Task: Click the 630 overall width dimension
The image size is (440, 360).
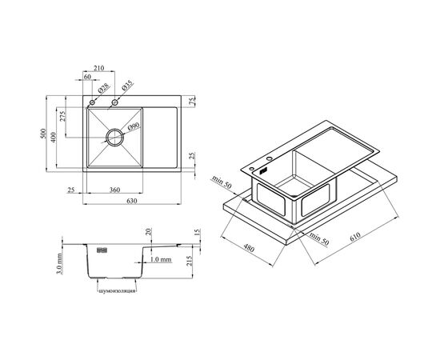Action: tap(132, 201)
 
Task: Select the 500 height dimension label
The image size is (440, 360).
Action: tap(42, 134)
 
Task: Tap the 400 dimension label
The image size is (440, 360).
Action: tap(54, 137)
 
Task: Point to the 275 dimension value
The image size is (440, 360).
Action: tap(62, 116)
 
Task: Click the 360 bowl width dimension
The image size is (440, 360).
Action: tap(114, 190)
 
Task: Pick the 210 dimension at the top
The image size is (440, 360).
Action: tap(98, 68)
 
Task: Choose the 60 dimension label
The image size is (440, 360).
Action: tap(87, 77)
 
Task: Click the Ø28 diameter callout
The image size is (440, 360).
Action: tap(103, 88)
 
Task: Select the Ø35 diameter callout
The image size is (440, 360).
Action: tap(127, 86)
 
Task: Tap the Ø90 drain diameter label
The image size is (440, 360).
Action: tap(134, 126)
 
